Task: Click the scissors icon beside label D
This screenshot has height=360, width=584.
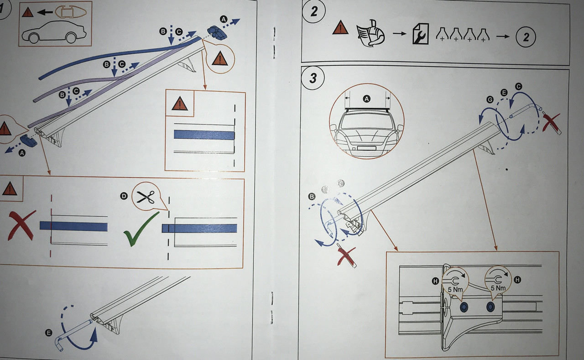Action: point(146,197)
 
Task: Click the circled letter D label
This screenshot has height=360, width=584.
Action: point(124,196)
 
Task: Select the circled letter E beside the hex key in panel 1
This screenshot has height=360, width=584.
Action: point(48,333)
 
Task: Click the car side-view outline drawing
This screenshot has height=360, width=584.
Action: point(54,32)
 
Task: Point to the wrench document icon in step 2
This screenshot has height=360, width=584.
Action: point(420,34)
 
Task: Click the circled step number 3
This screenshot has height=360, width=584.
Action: point(313,78)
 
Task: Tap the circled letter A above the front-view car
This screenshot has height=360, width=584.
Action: point(367,99)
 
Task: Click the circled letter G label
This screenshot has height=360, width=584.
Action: point(490,99)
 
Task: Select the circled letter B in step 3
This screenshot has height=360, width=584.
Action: point(312,197)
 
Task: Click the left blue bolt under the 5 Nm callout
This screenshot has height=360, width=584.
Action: point(464,308)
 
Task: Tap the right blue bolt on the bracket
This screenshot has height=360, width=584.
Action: point(490,307)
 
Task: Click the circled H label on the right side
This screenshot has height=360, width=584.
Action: point(517,280)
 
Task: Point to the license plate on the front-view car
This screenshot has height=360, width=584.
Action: point(366,148)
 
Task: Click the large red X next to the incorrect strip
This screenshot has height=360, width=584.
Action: point(21,225)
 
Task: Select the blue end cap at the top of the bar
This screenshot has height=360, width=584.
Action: point(217,32)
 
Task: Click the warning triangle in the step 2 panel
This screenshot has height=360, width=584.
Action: point(340,28)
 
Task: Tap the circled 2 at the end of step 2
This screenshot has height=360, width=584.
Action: point(526,37)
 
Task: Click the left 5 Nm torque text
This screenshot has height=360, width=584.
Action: point(455,289)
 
